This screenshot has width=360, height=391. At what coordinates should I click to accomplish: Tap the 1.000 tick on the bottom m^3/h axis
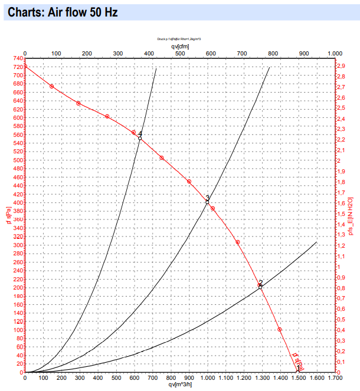[207, 377]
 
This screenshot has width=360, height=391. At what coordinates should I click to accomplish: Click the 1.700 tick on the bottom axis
[335, 377]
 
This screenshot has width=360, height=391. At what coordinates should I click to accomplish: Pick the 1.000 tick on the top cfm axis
[335, 54]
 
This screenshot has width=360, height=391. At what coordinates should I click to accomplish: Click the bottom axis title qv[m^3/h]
[180, 385]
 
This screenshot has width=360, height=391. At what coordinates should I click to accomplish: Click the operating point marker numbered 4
[140, 138]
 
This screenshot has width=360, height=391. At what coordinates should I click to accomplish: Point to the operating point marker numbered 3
[207, 202]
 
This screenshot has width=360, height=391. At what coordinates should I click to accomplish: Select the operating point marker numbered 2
[260, 287]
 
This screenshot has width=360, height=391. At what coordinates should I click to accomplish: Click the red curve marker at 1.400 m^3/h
[280, 330]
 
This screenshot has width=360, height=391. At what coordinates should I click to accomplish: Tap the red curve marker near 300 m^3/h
[78, 104]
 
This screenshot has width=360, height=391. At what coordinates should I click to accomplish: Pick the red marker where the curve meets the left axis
[25, 66]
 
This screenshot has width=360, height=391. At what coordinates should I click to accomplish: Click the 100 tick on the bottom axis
[43, 377]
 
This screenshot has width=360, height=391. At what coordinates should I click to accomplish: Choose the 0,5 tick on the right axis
[341, 320]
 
